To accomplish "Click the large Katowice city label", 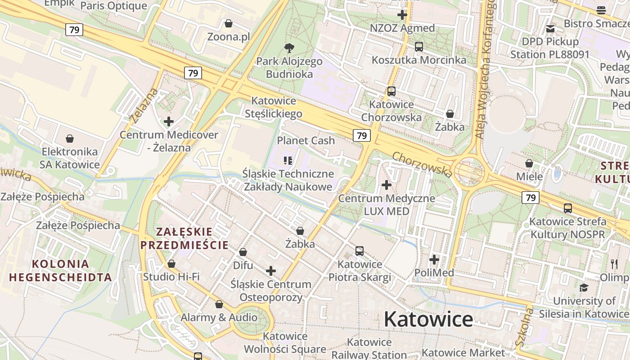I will (428, 319).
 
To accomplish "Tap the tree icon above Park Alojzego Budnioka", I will (289, 48).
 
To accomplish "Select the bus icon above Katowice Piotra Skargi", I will (359, 251).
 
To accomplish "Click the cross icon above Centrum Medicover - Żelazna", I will (169, 121).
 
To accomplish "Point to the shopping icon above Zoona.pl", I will (229, 23).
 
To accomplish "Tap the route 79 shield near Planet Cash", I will (361, 135).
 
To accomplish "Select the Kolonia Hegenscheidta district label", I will (60, 270).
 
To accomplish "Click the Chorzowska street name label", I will (422, 164).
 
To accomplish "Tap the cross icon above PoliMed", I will (434, 260).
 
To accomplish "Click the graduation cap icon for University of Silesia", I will (584, 288).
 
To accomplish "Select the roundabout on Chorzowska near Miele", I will (469, 172).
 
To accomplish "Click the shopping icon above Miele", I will (529, 163).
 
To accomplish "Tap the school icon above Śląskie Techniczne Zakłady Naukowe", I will (288, 160).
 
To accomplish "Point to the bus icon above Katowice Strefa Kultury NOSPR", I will (568, 208).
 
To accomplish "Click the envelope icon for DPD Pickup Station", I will (550, 29).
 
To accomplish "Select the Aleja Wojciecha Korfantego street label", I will (485, 67).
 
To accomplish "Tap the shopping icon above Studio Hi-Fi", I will (171, 264).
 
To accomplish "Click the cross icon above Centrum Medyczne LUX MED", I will (386, 184).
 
